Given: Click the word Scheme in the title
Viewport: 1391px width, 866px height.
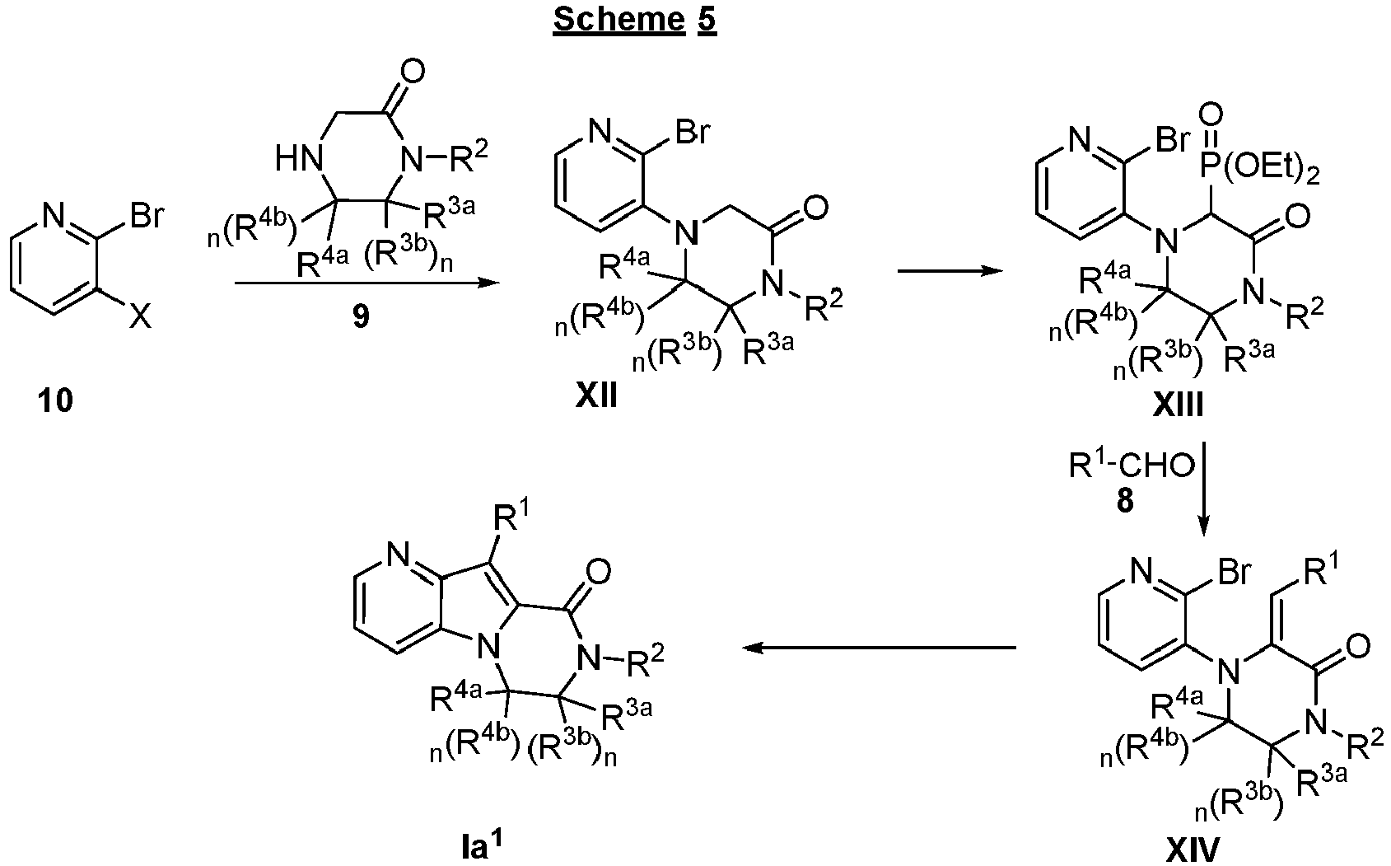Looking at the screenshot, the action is (619, 19).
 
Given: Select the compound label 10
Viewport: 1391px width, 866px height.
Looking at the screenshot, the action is (55, 400).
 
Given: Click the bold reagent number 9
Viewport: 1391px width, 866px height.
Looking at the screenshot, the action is (361, 317).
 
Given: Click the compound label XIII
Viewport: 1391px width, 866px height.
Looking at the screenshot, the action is (1178, 405).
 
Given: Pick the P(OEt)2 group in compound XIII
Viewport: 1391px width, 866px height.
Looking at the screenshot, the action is (1261, 169).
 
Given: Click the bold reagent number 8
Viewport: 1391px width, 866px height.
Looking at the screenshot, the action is (1125, 501).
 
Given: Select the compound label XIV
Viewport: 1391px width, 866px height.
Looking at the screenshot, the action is (1193, 850).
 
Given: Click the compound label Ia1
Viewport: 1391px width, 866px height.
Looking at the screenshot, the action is (481, 845).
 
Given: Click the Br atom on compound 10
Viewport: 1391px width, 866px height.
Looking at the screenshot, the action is (147, 216).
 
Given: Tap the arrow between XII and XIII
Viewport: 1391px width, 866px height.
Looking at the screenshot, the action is (950, 271).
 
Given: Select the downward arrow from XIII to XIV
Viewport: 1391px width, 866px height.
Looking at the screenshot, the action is (1203, 489).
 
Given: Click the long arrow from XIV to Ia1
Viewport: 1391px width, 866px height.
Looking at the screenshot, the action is (880, 648).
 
